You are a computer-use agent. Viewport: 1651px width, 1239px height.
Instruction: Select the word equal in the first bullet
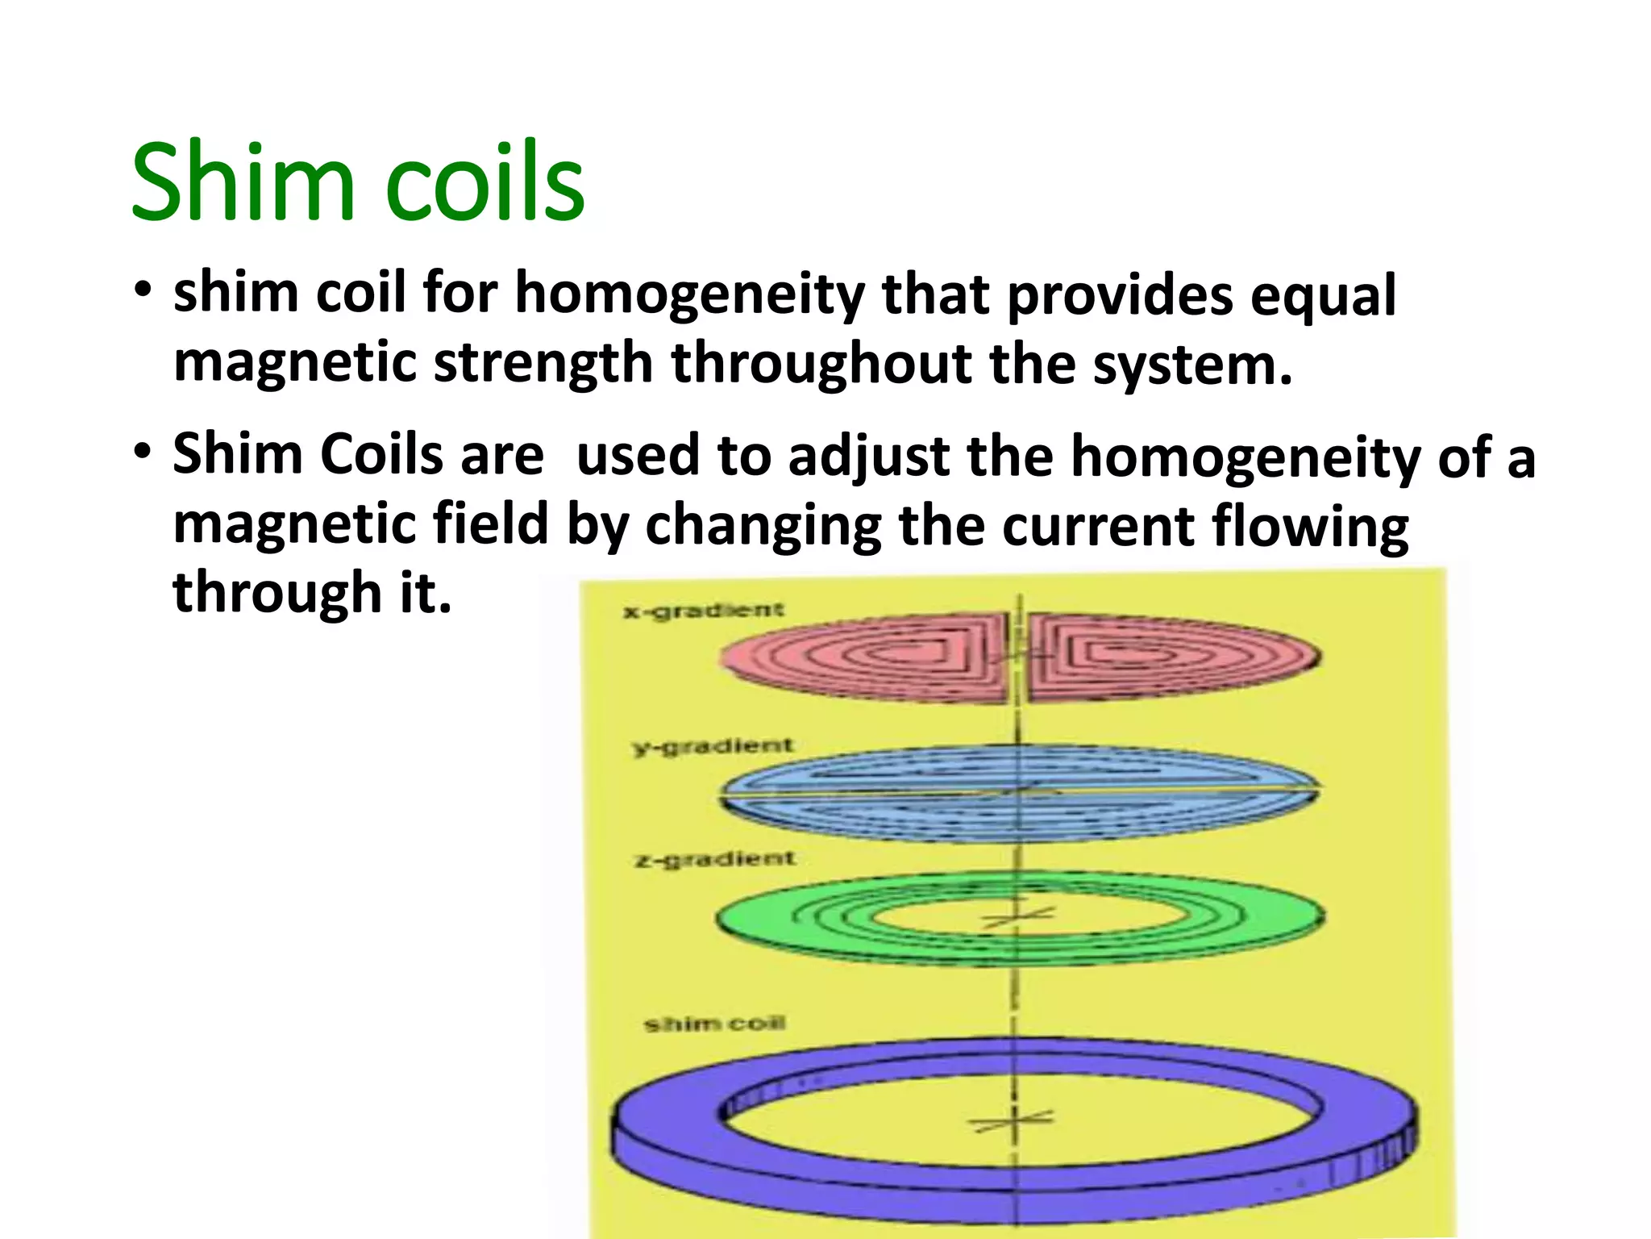point(1323,295)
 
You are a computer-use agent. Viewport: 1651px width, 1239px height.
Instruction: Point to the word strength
point(542,365)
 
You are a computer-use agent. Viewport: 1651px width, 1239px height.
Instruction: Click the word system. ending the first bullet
point(1192,365)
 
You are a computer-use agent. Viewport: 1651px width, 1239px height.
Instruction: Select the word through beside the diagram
point(277,593)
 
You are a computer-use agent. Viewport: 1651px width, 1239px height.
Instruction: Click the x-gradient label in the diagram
point(702,611)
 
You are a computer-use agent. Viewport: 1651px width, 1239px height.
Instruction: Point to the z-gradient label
point(714,858)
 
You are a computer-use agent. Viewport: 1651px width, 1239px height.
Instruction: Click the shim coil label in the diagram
point(714,1024)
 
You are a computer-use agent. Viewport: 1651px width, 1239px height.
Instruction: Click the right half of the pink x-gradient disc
point(1169,657)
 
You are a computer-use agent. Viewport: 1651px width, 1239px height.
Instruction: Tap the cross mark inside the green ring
point(1017,918)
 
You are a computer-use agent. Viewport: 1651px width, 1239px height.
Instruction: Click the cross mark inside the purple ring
point(1014,1120)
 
